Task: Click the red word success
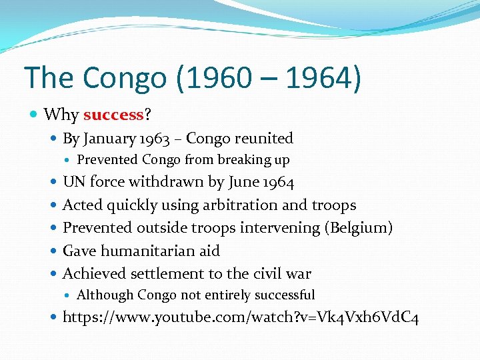pos(113,115)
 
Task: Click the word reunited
pos(267,138)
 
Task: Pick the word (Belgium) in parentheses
pos(358,228)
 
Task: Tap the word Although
pos(105,295)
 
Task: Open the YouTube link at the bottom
pos(240,317)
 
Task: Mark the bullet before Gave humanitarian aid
pos(54,251)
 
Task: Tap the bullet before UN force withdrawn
pos(54,183)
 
